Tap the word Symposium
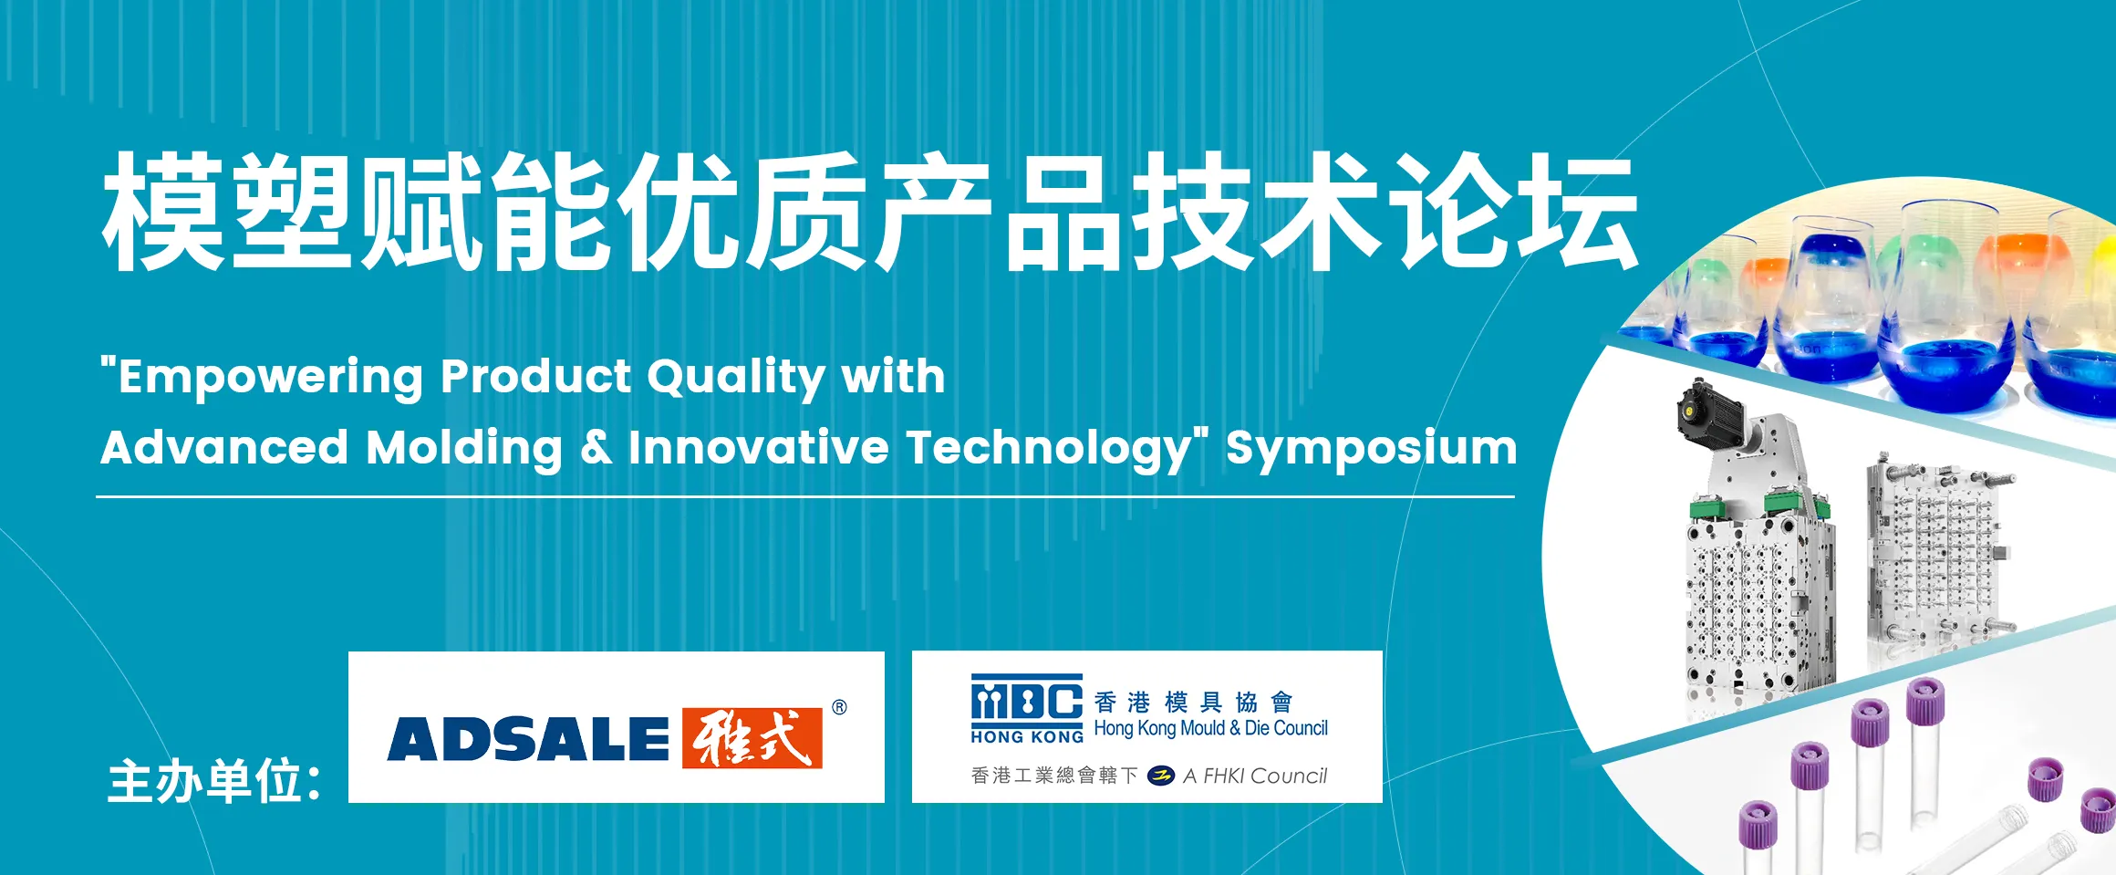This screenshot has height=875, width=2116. point(1371,449)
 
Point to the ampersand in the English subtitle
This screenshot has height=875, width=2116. point(596,447)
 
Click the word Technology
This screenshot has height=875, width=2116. point(1050,449)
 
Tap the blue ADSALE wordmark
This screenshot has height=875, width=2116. point(528,738)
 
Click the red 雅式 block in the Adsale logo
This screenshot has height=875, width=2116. point(752,737)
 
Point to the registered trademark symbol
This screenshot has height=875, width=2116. point(839,707)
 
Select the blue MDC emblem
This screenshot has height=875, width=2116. point(1027,700)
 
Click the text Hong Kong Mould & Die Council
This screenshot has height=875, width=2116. point(1210,728)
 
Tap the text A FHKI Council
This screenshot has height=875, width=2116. point(1255,776)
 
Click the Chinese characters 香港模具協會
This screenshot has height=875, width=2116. point(1194,702)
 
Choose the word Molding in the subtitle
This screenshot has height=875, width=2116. point(464,449)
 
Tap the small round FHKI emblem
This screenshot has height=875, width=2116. point(1160,776)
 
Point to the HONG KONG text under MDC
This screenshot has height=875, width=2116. point(1027,736)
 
